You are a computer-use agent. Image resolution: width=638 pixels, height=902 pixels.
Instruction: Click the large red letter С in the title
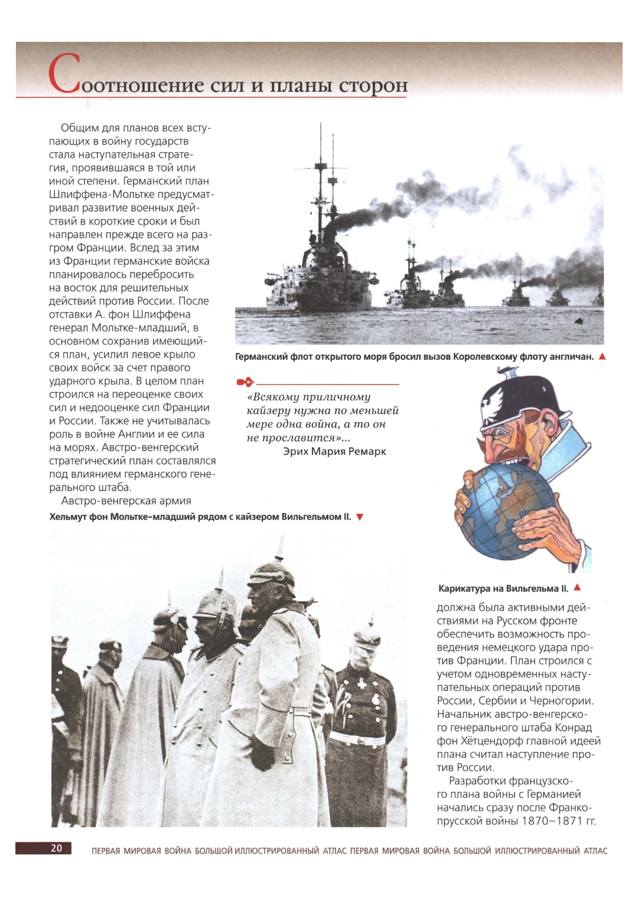coord(64,74)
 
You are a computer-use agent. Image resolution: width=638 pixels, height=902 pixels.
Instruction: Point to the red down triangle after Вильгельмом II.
coord(359,517)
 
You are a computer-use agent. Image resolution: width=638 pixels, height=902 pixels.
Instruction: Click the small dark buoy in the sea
coord(579,321)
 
